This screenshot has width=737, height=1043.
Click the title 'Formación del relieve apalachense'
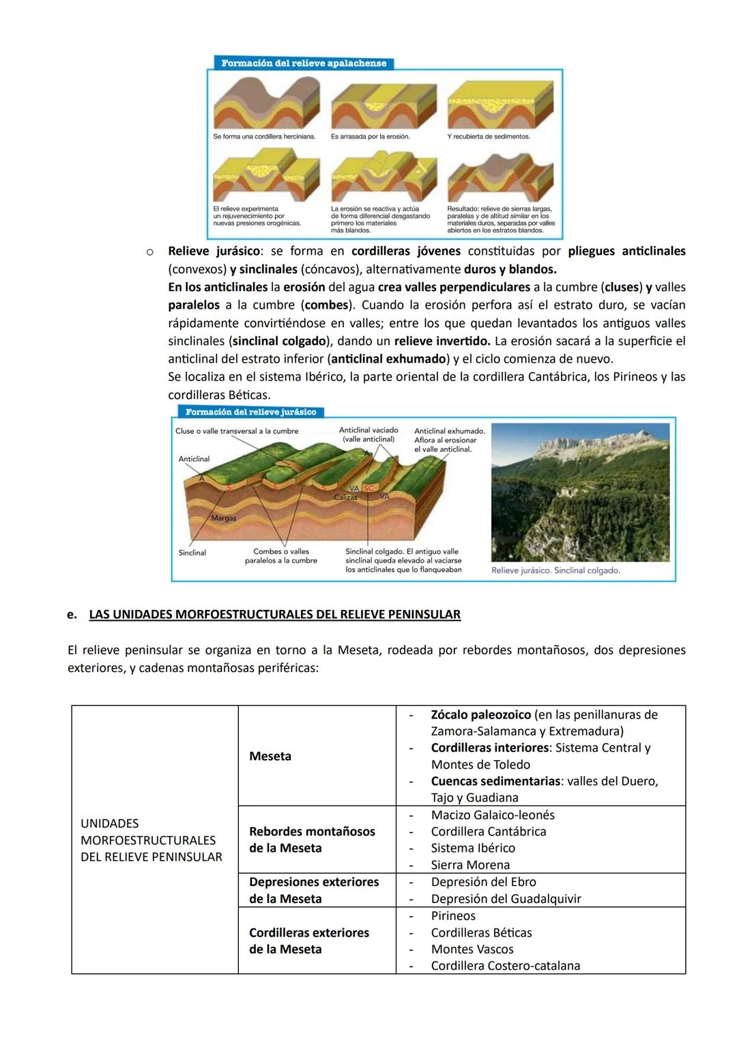[x=304, y=63]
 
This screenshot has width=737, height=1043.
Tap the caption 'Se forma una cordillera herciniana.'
[x=264, y=137]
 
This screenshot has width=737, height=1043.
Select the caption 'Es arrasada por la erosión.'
[x=370, y=137]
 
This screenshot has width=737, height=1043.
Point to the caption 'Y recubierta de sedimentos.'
[x=489, y=137]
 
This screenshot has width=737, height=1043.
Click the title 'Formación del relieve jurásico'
[x=250, y=412]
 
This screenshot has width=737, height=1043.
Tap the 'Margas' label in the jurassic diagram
[x=223, y=518]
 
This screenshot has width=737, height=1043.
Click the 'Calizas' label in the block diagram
[x=345, y=497]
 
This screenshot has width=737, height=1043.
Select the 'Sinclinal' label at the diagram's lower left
[x=192, y=553]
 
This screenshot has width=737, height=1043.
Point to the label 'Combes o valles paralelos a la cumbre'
[x=280, y=556]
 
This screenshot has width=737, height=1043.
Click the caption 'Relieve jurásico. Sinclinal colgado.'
[x=555, y=570]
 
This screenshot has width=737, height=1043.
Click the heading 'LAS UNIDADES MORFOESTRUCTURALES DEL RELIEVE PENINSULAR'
[x=274, y=614]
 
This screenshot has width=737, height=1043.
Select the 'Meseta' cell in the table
[x=270, y=756]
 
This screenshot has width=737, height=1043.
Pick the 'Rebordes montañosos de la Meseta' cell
[x=312, y=839]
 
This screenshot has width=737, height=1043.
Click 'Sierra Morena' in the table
[x=470, y=865]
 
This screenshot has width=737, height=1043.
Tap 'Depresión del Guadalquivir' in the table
[x=506, y=899]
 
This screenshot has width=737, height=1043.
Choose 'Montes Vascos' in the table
[x=472, y=949]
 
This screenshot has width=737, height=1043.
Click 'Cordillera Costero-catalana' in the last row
[x=505, y=966]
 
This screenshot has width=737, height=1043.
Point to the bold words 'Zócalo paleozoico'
[x=480, y=714]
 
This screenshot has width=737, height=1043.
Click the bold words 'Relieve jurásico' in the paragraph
[x=214, y=251]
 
